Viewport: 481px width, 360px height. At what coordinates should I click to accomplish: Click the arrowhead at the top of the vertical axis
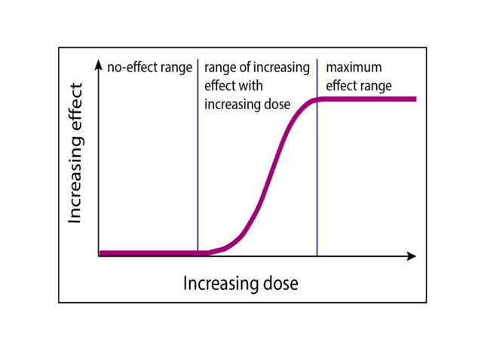click(99, 66)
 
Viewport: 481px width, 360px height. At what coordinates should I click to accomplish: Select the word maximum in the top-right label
click(354, 68)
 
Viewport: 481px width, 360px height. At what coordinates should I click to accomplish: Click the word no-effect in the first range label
click(132, 68)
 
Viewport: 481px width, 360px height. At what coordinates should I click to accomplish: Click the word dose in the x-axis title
click(279, 284)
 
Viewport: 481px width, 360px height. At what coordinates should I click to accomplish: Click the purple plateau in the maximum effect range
click(369, 99)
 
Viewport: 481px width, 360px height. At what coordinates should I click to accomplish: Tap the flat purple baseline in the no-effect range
click(147, 253)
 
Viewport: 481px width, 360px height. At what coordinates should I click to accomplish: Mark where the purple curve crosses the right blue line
click(317, 99)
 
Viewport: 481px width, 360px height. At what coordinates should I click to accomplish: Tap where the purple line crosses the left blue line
click(198, 253)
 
